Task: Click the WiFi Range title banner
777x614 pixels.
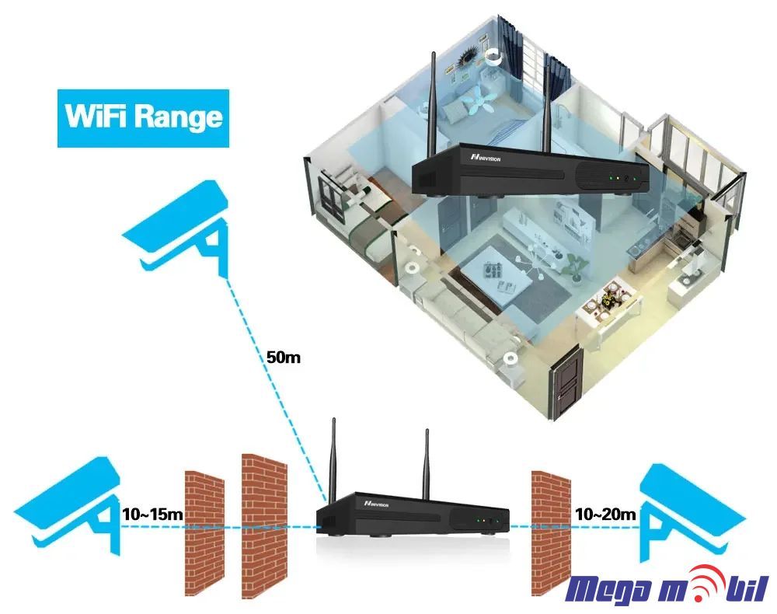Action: click(x=144, y=118)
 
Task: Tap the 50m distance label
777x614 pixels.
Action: click(x=283, y=358)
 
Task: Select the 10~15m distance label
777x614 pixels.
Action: click(x=152, y=514)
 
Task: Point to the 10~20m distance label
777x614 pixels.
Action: click(x=605, y=514)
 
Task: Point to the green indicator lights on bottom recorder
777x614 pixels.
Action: click(x=486, y=520)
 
